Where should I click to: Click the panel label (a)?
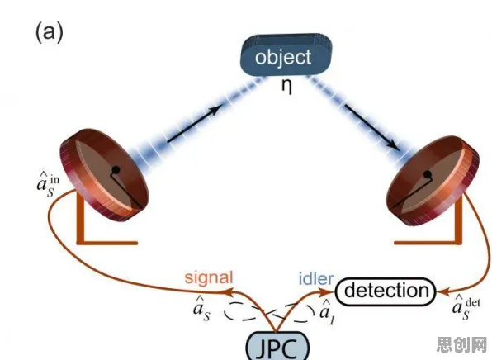[50, 33]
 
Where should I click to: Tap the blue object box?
[286, 55]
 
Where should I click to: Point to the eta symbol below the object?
[286, 87]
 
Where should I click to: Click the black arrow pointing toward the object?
[193, 124]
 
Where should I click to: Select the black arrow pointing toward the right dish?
[371, 127]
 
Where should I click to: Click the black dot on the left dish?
[116, 170]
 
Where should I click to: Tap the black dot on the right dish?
[427, 174]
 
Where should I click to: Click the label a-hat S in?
[48, 185]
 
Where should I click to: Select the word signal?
[209, 278]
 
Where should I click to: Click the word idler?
[316, 278]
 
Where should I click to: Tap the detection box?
[386, 291]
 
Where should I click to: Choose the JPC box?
[277, 346]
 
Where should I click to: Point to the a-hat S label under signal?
[201, 309]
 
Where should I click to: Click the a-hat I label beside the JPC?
[326, 311]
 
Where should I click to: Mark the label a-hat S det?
[466, 307]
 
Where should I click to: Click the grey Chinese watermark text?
[461, 344]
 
